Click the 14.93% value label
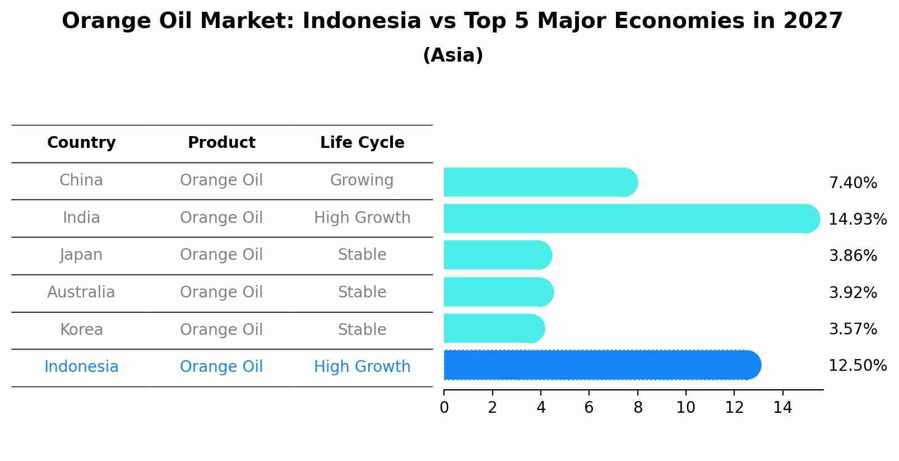(x=858, y=219)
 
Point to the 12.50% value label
(x=858, y=366)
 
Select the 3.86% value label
(x=852, y=256)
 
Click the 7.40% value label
(x=852, y=183)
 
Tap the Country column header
(x=81, y=143)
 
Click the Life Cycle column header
(x=362, y=143)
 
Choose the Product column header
(x=221, y=143)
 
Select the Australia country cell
(x=81, y=292)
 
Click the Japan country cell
(x=81, y=255)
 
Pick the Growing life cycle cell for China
(x=362, y=180)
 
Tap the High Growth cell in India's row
(x=362, y=218)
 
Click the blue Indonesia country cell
(x=81, y=367)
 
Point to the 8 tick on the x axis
(x=638, y=408)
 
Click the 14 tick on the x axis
(x=782, y=408)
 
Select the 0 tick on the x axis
(x=444, y=408)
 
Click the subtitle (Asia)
(x=453, y=55)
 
